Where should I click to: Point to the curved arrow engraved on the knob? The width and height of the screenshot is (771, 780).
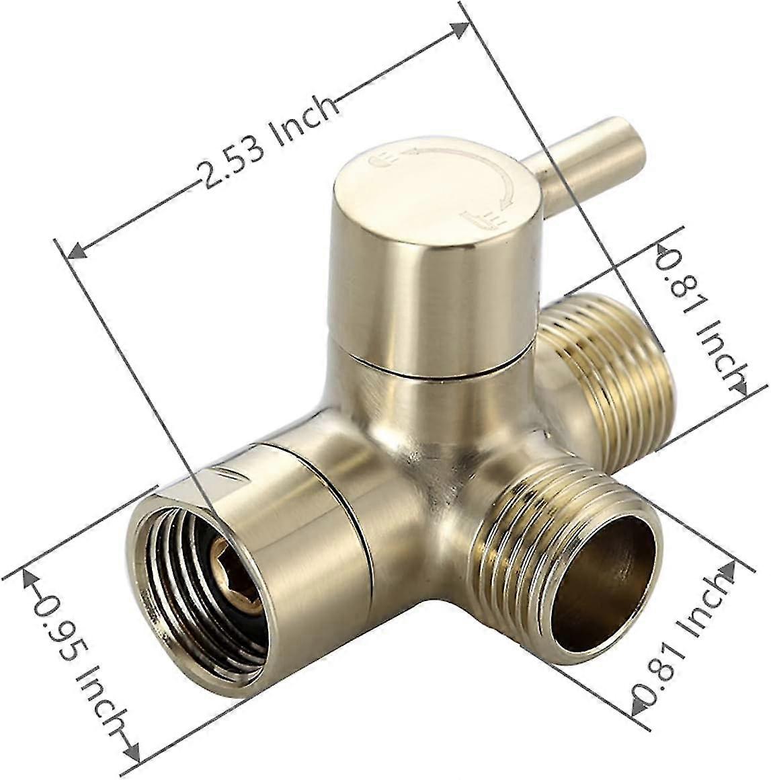(471, 161)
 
